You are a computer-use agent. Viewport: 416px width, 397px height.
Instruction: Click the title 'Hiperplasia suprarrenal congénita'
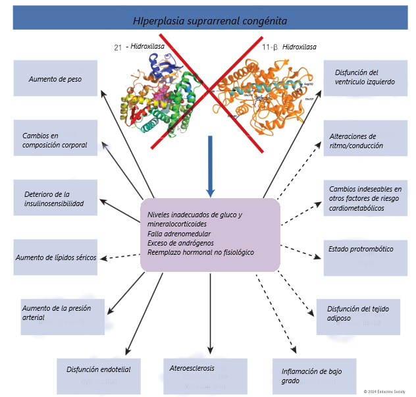click(209, 20)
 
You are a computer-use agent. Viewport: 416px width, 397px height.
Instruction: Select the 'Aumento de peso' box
click(55, 78)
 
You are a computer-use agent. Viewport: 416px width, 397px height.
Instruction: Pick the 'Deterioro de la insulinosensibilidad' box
click(55, 198)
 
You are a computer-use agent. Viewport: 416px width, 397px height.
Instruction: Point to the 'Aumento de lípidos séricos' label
click(56, 257)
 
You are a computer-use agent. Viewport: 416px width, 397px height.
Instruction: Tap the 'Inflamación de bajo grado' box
click(314, 376)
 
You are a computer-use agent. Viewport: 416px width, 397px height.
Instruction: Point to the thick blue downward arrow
click(209, 165)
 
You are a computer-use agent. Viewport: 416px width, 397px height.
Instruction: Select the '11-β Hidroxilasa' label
click(289, 47)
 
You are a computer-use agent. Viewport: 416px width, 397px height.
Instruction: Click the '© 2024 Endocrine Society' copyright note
click(384, 390)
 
